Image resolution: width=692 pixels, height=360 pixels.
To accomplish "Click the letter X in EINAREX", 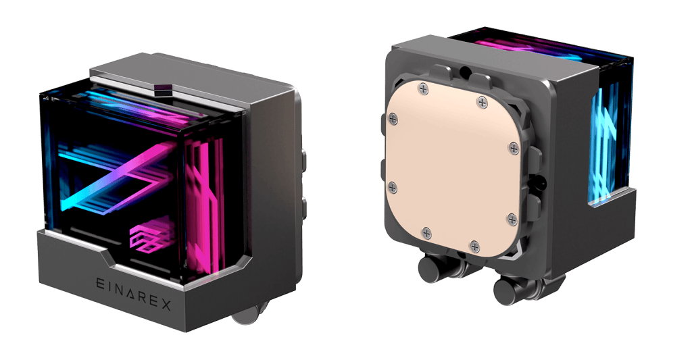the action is coord(164,305).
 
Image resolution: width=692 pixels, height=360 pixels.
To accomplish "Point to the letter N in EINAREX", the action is coord(119,290).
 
